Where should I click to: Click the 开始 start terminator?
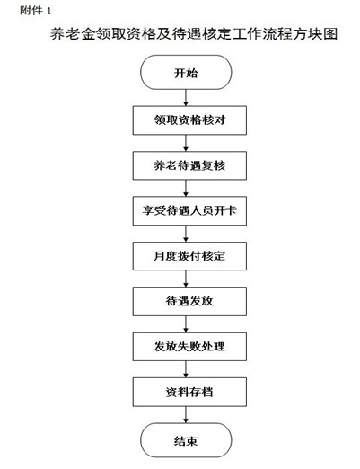click(x=186, y=72)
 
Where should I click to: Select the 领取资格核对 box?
click(x=189, y=120)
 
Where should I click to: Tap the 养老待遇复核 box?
click(x=189, y=165)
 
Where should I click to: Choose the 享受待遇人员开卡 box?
click(x=189, y=210)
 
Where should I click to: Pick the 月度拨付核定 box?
click(x=189, y=256)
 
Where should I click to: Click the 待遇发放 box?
click(x=189, y=301)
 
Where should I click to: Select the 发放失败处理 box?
click(x=189, y=347)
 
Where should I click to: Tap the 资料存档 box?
click(x=189, y=392)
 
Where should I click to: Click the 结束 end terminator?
click(x=186, y=440)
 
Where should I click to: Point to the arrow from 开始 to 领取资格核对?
click(x=186, y=98)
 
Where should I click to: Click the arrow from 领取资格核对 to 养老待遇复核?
click(x=186, y=143)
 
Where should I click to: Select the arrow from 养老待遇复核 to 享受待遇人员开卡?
click(x=186, y=188)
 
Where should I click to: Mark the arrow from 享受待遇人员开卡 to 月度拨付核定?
click(x=186, y=234)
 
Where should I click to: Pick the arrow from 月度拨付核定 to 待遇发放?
click(x=186, y=279)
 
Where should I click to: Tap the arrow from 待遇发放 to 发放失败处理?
click(x=186, y=324)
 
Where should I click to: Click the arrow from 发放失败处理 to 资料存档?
click(x=186, y=369)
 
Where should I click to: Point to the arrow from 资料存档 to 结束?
click(x=186, y=415)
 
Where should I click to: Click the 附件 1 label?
click(x=36, y=11)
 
